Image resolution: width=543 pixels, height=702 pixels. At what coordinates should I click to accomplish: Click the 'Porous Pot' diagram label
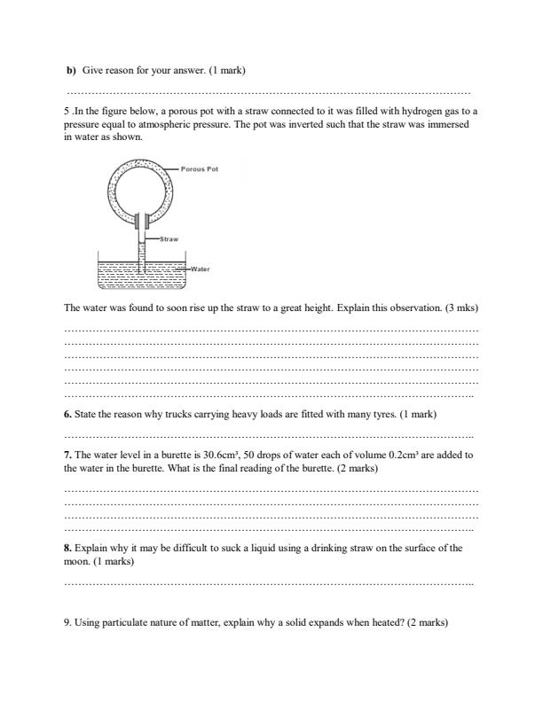(x=199, y=168)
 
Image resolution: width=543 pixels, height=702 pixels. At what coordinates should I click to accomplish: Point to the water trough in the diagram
(x=142, y=276)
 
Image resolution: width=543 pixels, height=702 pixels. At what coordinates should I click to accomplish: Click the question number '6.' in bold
(x=67, y=414)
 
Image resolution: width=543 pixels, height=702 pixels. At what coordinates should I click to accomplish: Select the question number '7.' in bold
(x=67, y=455)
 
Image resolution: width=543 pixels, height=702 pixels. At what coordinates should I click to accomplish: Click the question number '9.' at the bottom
(x=67, y=623)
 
